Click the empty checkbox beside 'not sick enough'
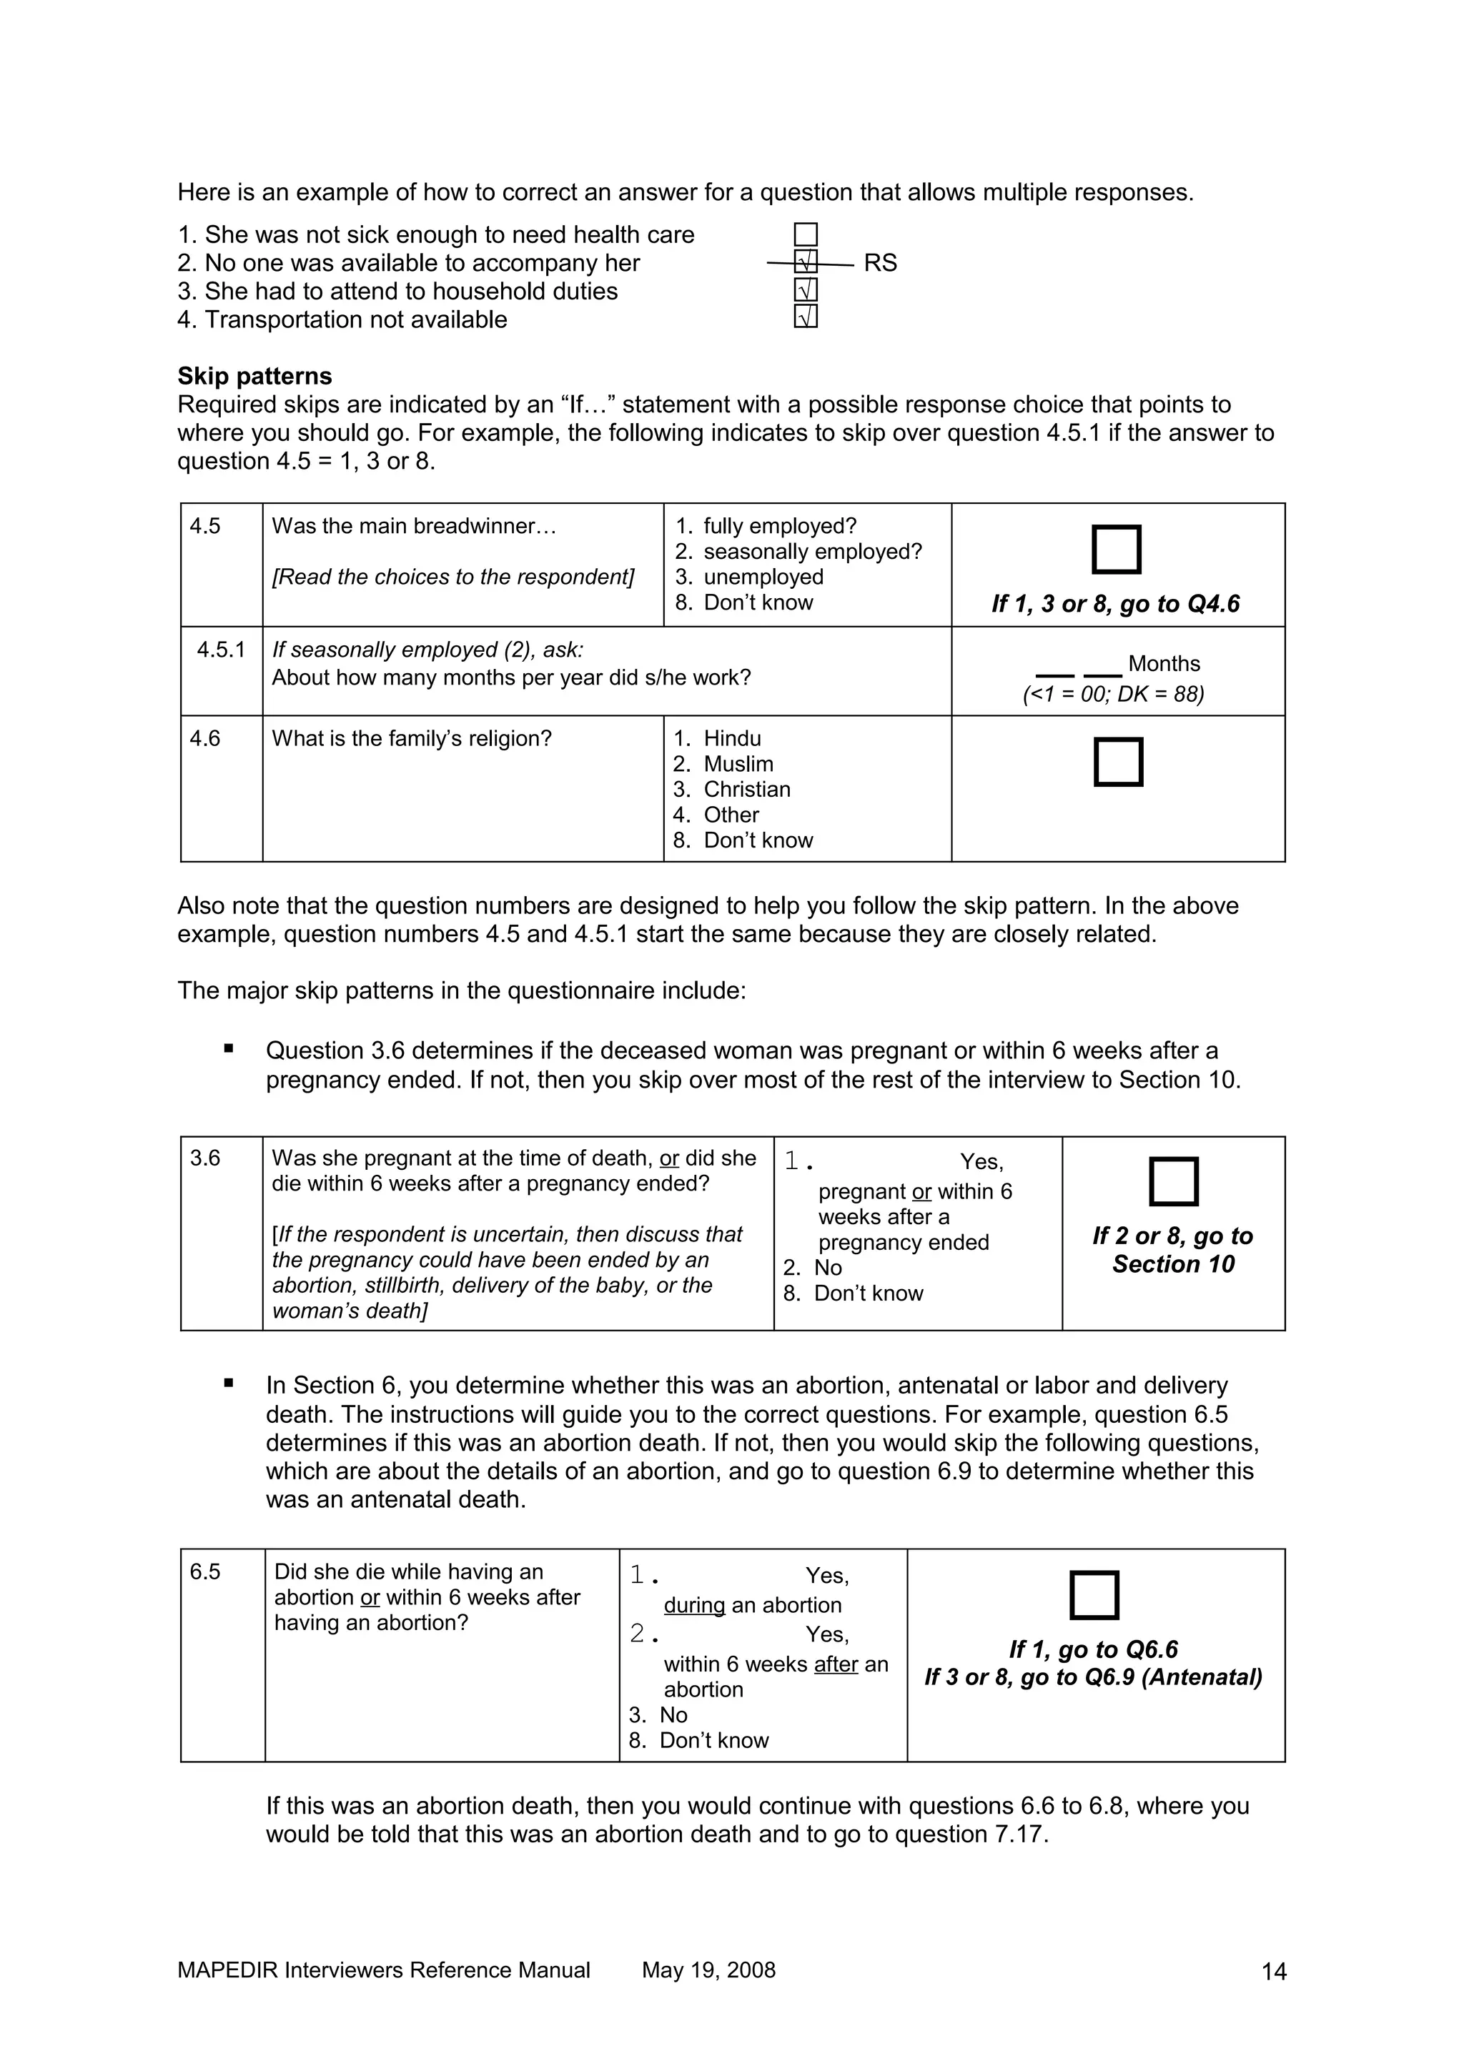pyautogui.click(x=806, y=235)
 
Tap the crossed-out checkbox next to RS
pyautogui.click(x=806, y=262)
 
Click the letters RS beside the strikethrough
pyautogui.click(x=881, y=264)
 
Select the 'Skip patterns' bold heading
pyautogui.click(x=254, y=376)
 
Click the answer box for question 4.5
pyautogui.click(x=1116, y=550)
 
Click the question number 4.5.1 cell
pyautogui.click(x=221, y=650)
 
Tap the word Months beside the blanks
pyautogui.click(x=1164, y=664)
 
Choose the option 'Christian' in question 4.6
pyautogui.click(x=746, y=789)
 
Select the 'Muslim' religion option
pyautogui.click(x=738, y=764)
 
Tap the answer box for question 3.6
pyautogui.click(x=1174, y=1181)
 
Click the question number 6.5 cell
pyautogui.click(x=206, y=1572)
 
